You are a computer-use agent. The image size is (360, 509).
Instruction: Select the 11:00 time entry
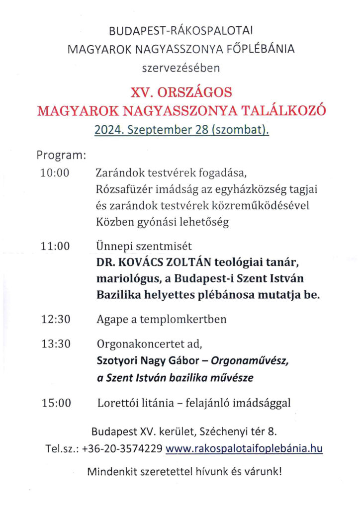point(56,246)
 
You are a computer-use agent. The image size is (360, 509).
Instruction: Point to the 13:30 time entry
point(56,343)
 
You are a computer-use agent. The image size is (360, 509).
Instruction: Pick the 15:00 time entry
point(56,403)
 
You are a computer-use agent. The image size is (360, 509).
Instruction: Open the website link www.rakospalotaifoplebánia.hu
point(244,449)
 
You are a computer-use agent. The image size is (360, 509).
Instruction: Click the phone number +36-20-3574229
point(122,449)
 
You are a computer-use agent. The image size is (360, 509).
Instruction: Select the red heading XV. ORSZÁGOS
point(181,92)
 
